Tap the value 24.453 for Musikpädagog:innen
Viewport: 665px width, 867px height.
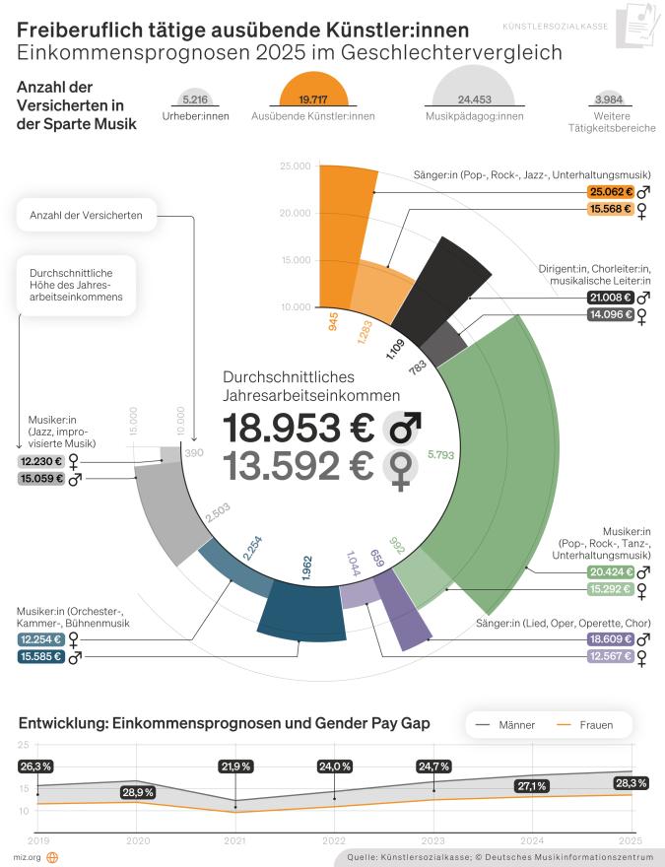coord(474,100)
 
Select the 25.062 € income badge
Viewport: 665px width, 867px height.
coord(609,192)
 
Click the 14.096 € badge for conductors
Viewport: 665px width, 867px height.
coord(609,316)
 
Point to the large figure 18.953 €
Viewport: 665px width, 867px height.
coord(298,430)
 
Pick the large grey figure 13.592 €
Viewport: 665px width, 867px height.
coord(298,466)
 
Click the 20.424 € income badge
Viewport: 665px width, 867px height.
coord(609,571)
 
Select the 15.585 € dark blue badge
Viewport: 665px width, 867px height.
coord(39,657)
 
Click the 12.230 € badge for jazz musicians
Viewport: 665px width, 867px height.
coord(39,460)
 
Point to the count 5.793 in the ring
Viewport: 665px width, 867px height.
coord(439,455)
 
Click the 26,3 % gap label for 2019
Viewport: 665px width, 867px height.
coord(35,766)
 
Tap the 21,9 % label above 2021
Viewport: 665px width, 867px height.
coord(235,766)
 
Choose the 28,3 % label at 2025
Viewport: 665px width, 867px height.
coord(630,783)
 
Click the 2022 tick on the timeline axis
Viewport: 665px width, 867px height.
coord(335,841)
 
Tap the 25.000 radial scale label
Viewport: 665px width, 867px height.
coord(295,166)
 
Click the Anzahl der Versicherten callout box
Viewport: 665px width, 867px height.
coord(86,215)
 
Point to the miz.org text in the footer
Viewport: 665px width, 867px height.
coord(26,857)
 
